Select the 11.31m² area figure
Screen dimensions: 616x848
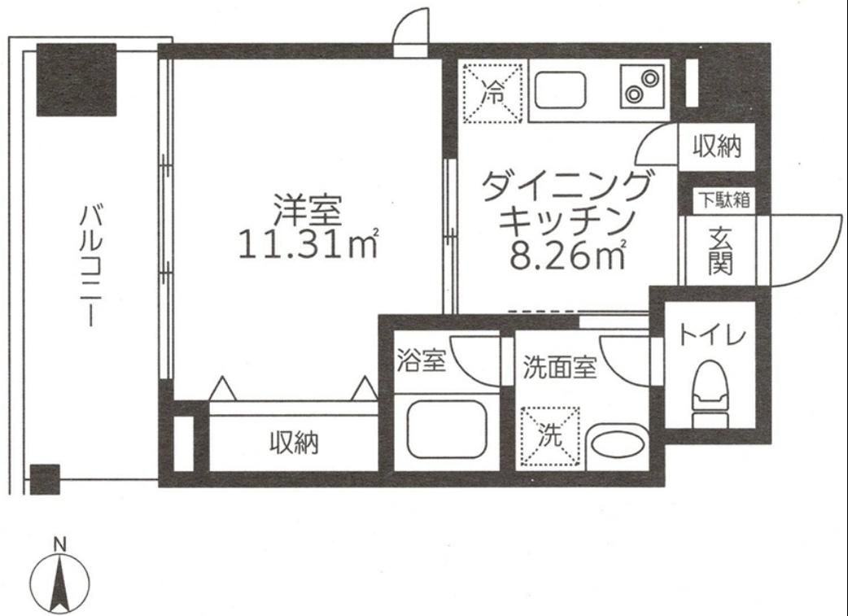pyautogui.click(x=308, y=243)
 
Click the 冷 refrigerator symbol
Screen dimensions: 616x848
pyautogui.click(x=492, y=93)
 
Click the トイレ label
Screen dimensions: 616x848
pyautogui.click(x=712, y=335)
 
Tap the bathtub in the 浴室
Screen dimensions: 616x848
pyautogui.click(x=446, y=429)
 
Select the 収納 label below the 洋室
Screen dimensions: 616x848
pyautogui.click(x=294, y=443)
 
